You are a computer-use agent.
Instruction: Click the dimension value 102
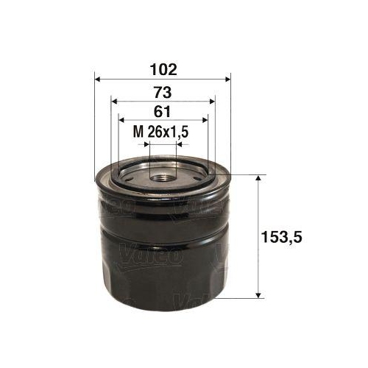point(163,71)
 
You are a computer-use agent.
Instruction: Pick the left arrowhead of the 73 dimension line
point(113,102)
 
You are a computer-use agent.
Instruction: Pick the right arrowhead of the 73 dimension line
point(211,102)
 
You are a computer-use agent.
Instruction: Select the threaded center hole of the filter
point(163,175)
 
